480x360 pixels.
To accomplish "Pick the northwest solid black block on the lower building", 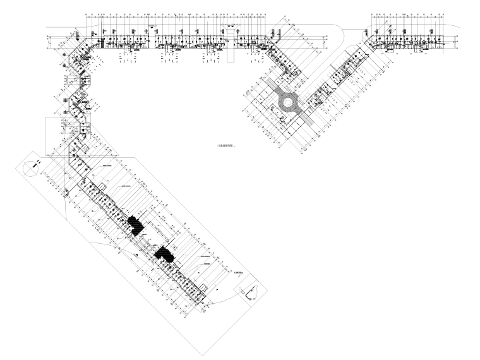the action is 135,224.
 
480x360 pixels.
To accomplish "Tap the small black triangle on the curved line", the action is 136,253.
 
